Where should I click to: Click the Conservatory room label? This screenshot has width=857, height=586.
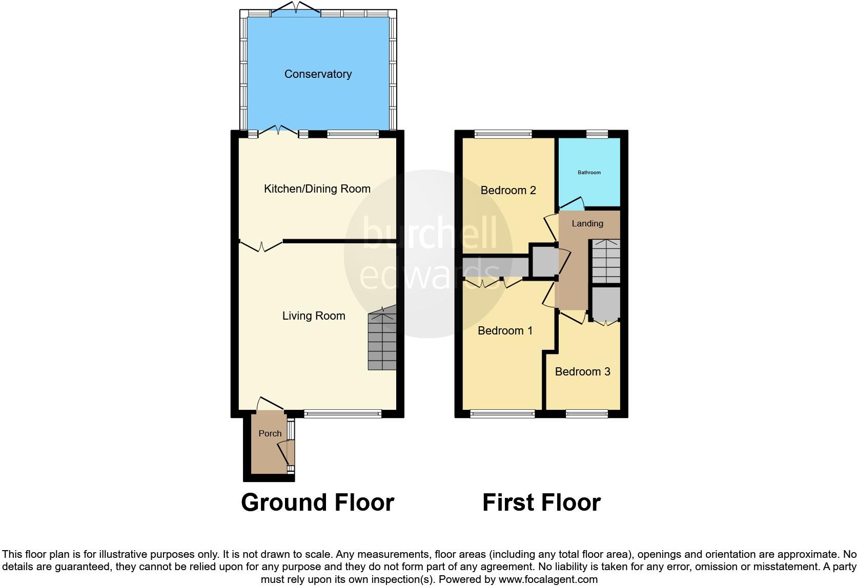coord(318,74)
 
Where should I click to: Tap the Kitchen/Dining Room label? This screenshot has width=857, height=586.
coord(317,189)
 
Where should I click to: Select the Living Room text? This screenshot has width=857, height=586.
coord(314,316)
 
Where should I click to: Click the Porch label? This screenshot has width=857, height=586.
coord(270,433)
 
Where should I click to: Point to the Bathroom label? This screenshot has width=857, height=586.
coord(589,173)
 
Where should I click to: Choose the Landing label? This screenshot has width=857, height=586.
coord(587,223)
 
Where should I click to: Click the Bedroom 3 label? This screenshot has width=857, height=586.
coord(582,371)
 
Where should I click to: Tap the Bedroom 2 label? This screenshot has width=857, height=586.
coord(508,191)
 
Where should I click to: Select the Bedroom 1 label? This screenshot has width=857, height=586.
coord(505,331)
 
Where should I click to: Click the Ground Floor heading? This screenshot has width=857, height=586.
coord(317,503)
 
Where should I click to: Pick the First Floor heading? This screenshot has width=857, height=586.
coord(541,503)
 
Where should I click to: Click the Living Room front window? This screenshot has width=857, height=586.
coord(342,413)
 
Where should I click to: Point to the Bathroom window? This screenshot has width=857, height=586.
coord(597,134)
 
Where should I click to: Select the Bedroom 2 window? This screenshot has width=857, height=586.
coord(502,134)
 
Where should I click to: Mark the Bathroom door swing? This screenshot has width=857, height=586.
coord(573,204)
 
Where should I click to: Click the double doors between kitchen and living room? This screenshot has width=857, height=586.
coord(261,246)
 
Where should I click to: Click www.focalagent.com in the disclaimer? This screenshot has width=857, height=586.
coord(547,580)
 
